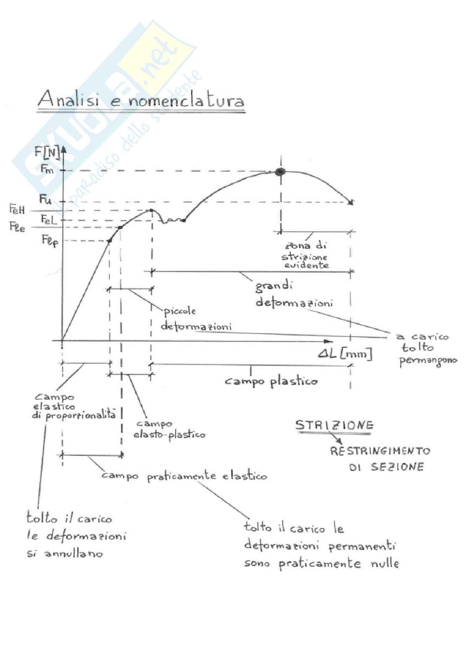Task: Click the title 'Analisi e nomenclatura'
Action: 141,100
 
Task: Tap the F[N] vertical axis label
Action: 47,153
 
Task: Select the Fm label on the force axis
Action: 47,169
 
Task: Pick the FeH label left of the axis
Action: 17,209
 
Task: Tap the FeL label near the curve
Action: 49,219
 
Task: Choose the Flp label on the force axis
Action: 50,241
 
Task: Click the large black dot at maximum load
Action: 280,171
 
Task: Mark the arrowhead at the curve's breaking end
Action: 351,202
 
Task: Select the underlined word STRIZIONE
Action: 334,425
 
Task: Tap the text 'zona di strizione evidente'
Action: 305,255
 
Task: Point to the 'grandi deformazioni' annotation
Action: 294,294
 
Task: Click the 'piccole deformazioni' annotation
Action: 195,319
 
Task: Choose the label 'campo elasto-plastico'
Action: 169,429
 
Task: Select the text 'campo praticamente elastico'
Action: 184,476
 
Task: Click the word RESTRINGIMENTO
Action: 380,451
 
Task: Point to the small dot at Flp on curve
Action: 110,240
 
